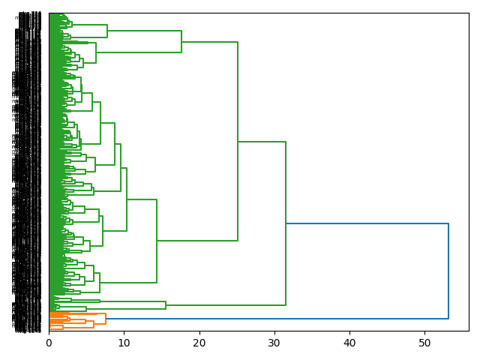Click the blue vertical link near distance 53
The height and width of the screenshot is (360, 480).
point(448,270)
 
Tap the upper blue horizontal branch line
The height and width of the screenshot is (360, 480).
point(367,223)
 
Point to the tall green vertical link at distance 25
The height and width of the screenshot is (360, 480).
point(238,142)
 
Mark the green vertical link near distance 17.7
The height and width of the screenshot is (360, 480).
point(181,41)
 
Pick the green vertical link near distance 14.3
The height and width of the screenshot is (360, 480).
point(157,240)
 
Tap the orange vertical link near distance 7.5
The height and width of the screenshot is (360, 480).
point(106,319)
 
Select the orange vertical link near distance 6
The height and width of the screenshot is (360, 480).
point(94,324)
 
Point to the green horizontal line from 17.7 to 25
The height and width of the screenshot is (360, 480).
point(210,42)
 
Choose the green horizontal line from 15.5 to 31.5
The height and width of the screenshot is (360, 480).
point(225,305)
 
